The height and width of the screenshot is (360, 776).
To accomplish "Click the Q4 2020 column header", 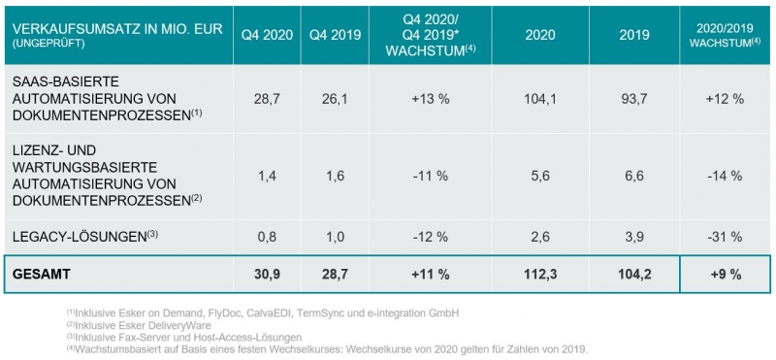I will [x=266, y=35].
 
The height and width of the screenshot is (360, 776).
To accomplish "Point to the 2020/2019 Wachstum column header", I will [x=723, y=35].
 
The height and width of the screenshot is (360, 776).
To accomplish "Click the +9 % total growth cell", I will [x=723, y=275].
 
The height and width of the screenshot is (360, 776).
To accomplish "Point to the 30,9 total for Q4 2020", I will [x=266, y=275].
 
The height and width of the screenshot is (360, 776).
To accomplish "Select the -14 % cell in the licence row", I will [x=723, y=176].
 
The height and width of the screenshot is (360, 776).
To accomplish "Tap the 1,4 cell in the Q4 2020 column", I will [x=266, y=176].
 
